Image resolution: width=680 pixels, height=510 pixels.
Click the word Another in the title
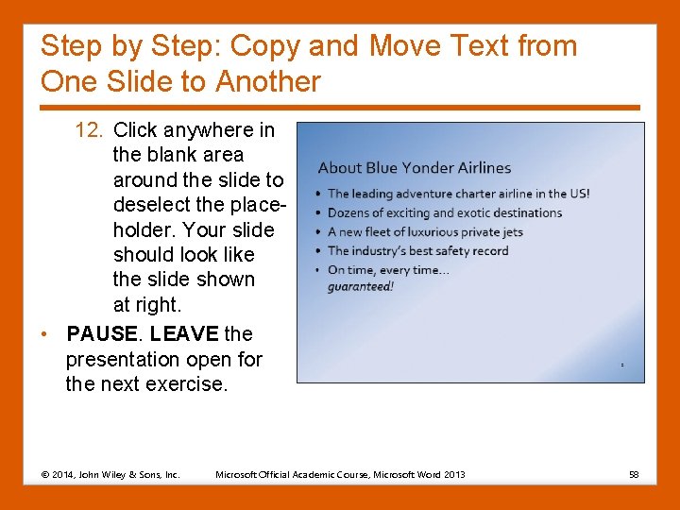(x=267, y=82)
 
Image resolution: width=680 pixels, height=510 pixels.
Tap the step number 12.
(x=89, y=130)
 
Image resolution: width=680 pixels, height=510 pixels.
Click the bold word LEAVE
(x=184, y=334)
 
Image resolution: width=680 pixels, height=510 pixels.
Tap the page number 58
(x=634, y=474)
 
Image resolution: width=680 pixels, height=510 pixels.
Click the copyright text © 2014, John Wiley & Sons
(x=110, y=474)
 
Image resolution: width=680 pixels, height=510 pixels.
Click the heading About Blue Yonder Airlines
(x=414, y=168)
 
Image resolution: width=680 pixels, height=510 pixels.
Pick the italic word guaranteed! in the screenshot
(x=361, y=286)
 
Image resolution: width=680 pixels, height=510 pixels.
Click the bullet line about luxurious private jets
(x=425, y=232)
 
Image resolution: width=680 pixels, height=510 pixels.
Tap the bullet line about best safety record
(x=417, y=251)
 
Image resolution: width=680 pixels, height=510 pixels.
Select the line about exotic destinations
(x=444, y=213)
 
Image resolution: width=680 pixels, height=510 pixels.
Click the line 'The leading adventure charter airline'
(x=458, y=194)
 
